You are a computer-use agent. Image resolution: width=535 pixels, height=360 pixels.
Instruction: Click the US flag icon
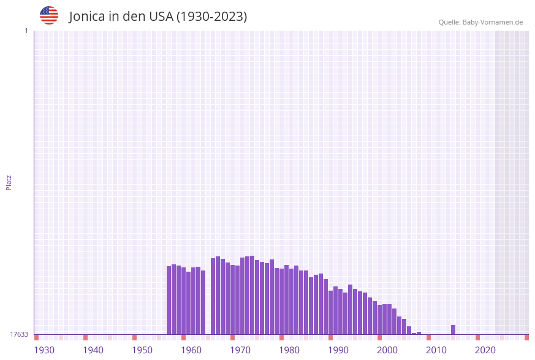[49, 15]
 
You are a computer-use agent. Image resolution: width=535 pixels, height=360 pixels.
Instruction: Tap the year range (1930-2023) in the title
[211, 17]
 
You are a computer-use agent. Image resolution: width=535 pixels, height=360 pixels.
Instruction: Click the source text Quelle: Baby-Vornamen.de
[480, 22]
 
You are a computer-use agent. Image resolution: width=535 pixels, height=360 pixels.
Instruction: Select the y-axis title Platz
[9, 182]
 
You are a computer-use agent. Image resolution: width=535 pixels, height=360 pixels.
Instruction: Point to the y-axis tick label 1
[26, 31]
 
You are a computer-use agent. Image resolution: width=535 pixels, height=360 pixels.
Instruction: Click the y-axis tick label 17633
[18, 334]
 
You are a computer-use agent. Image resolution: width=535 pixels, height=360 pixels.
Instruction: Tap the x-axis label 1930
[44, 350]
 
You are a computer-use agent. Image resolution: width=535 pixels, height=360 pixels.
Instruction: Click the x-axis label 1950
[142, 350]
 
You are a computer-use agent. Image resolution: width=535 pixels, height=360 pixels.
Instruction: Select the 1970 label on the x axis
[240, 350]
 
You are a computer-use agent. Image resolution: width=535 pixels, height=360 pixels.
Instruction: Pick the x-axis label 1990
[338, 350]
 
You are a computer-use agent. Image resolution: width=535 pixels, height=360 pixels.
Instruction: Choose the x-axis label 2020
[485, 350]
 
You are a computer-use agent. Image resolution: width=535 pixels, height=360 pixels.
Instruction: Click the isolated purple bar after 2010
[453, 329]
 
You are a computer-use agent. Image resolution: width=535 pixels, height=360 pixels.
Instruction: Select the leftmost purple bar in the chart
[169, 300]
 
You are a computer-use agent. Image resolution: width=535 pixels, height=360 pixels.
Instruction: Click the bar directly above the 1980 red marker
[281, 301]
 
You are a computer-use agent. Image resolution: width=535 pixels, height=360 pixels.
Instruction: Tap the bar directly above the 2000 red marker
[379, 319]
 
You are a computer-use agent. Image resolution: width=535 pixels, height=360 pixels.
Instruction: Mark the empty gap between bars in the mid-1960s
[208, 301]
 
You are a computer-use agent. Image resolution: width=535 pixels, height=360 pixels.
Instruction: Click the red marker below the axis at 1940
[85, 337]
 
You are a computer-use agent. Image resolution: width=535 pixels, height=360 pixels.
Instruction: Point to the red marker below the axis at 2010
[428, 337]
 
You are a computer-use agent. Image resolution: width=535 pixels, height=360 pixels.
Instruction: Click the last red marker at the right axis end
[526, 337]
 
